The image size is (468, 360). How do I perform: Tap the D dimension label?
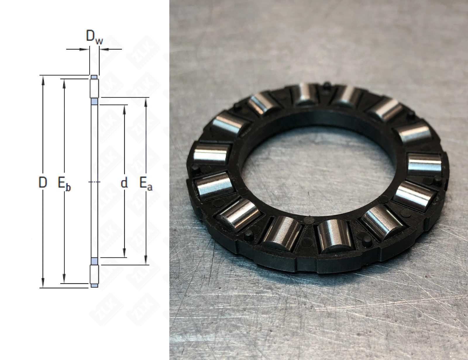coord(43,182)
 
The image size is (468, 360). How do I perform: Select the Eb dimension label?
coord(64,184)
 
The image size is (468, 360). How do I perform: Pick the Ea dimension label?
coord(146,184)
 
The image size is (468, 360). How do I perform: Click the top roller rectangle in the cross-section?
coord(94,88)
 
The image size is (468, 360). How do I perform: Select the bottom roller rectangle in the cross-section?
coord(94,274)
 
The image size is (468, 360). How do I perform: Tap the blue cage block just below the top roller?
coord(94,101)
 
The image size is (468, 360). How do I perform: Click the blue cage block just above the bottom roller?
coord(94,261)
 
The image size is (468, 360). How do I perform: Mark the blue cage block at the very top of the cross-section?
coord(94,77)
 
